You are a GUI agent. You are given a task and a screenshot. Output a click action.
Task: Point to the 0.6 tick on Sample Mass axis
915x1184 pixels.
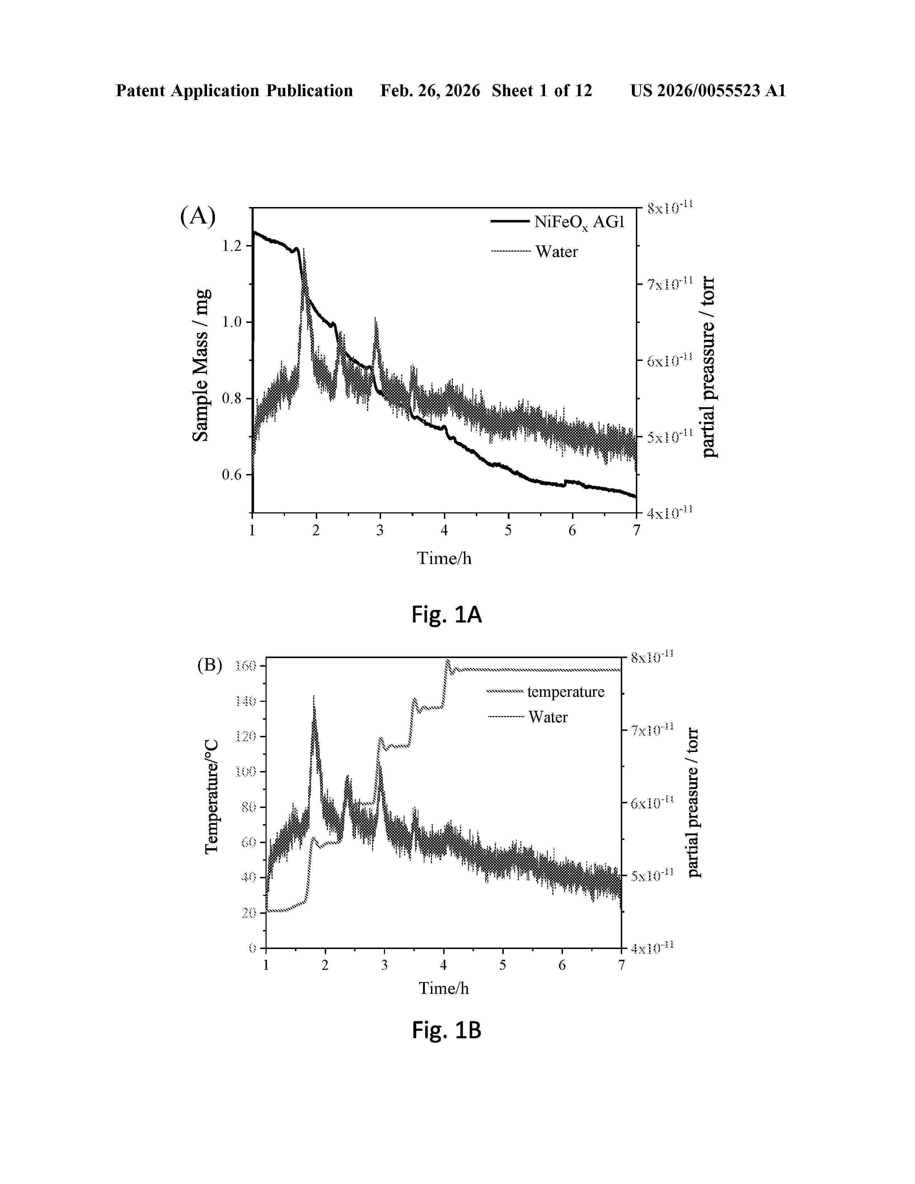tap(231, 475)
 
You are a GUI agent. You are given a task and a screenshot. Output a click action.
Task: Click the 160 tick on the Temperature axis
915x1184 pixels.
tap(245, 666)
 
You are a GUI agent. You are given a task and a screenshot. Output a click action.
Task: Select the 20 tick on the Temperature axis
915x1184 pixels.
tap(248, 913)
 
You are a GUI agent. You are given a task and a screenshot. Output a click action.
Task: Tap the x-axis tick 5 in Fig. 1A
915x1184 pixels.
tap(508, 531)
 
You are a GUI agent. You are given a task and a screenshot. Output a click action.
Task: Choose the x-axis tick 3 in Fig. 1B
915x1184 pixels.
tap(384, 965)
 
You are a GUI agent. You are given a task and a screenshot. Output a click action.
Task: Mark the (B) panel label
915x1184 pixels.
tap(209, 665)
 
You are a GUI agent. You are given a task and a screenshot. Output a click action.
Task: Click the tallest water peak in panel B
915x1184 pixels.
tap(313, 697)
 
